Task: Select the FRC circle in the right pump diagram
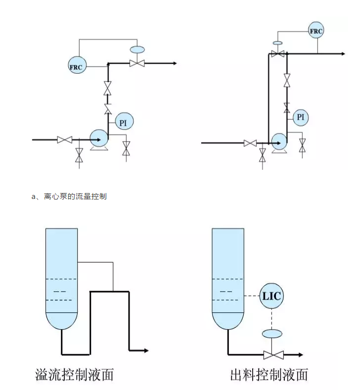click(315, 31)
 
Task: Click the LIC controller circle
click(271, 296)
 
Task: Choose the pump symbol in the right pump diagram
click(279, 141)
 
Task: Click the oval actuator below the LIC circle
click(271, 334)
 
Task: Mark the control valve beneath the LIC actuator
click(271, 354)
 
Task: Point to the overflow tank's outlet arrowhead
click(146, 350)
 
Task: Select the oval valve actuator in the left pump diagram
click(136, 49)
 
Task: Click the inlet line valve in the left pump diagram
click(64, 140)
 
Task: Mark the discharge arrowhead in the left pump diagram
click(174, 63)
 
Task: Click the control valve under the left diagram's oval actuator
click(136, 63)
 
